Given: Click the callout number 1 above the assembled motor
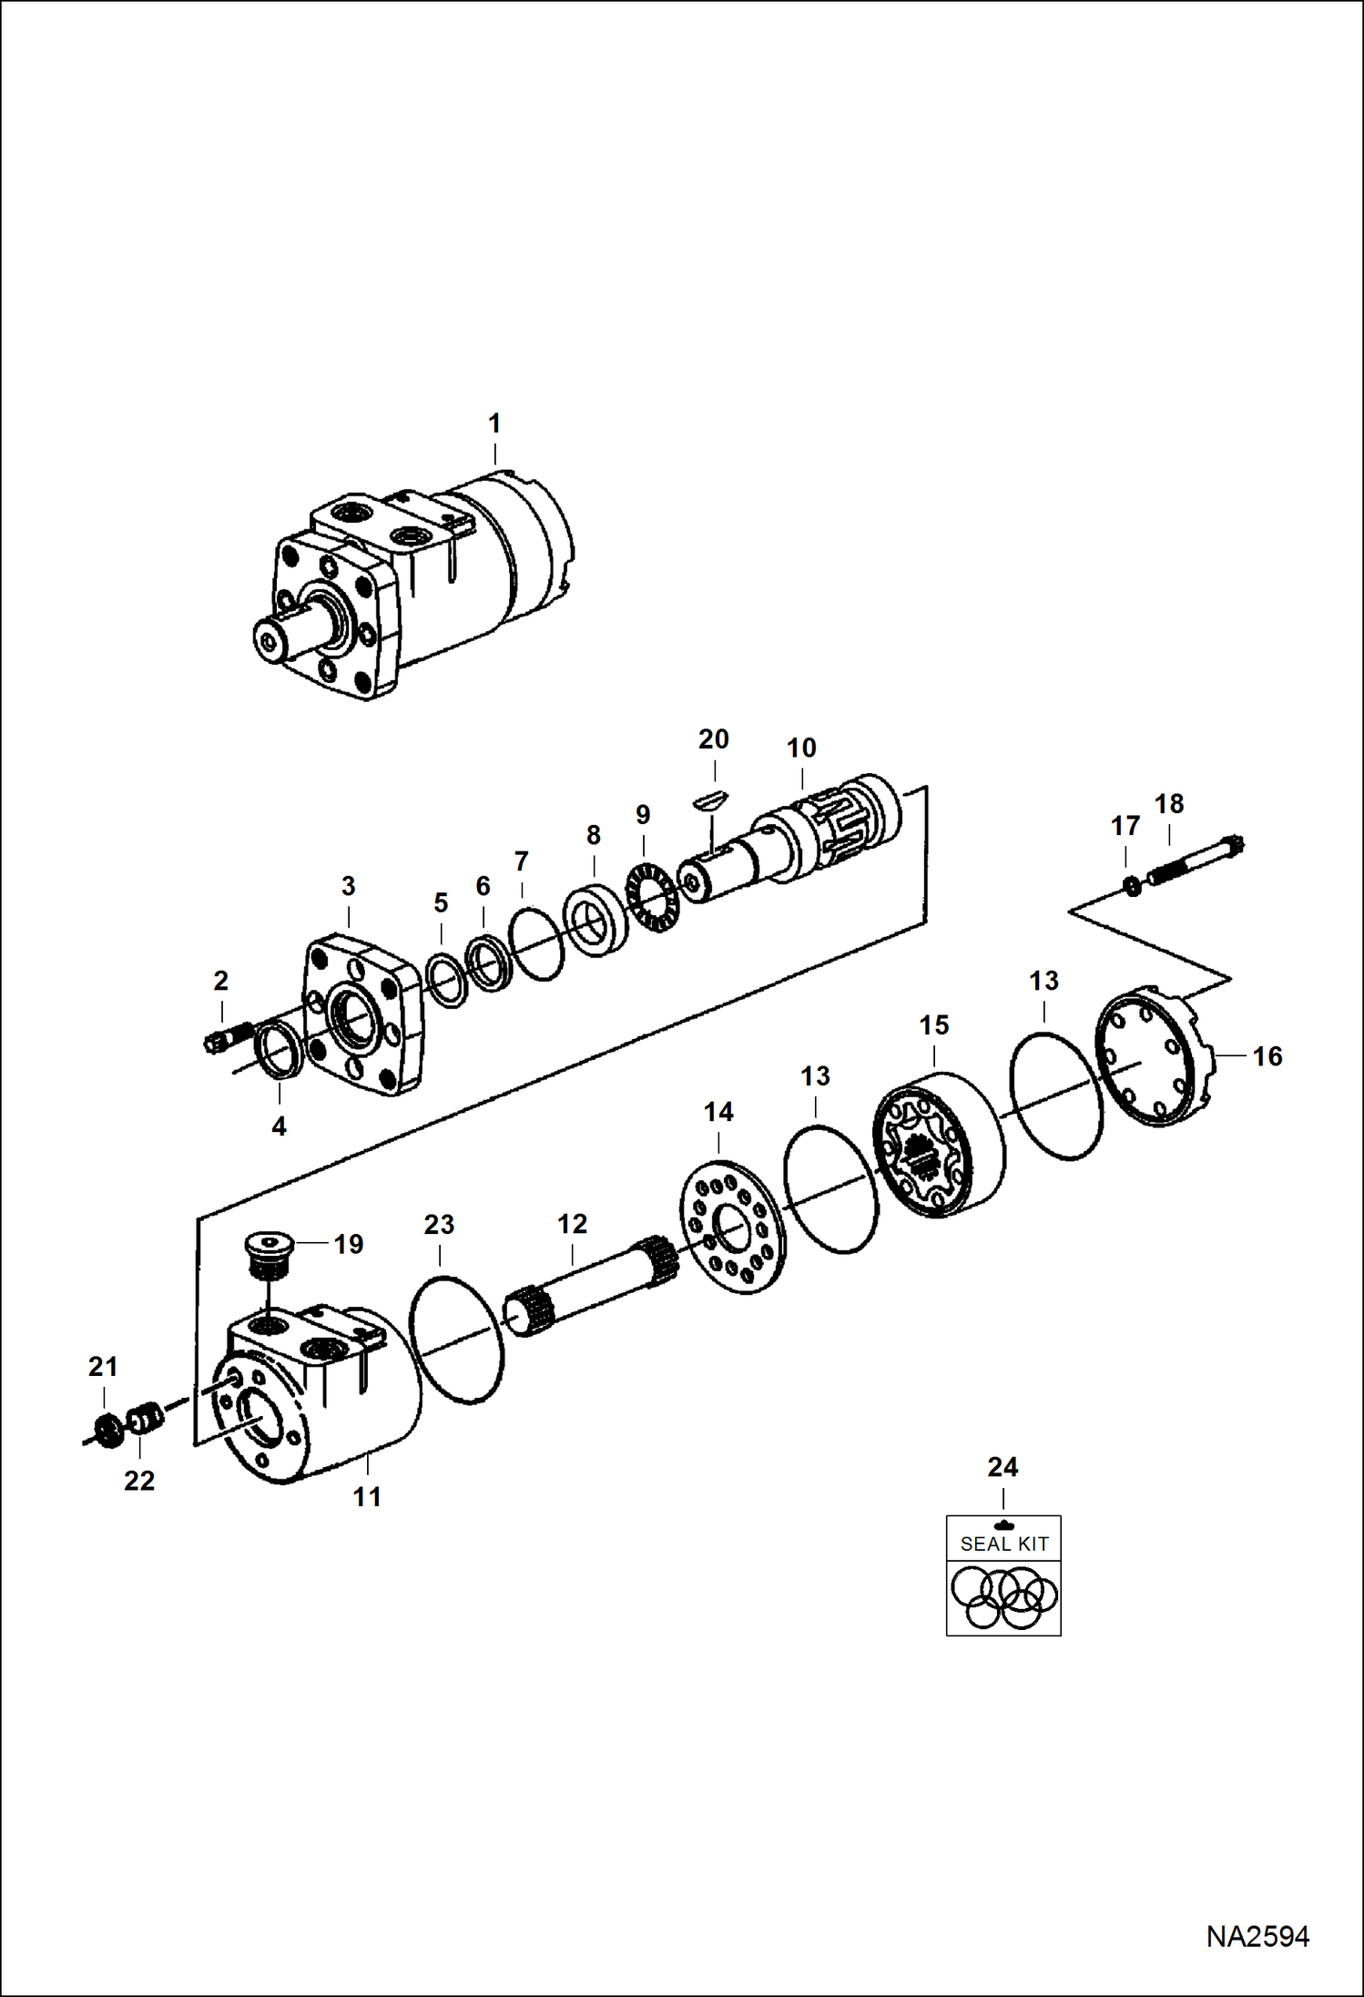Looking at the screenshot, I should [494, 423].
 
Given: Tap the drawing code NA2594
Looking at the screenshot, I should [1257, 1936].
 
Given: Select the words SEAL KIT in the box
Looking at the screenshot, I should [1003, 1544].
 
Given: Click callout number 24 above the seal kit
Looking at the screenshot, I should [1003, 1467].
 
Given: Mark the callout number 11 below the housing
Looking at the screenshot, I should [367, 1496].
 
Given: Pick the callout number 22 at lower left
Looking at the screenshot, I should [139, 1481].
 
